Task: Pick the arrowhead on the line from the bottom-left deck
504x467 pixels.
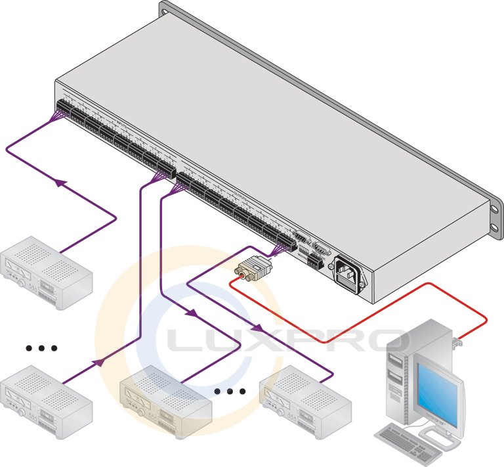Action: [x=98, y=361]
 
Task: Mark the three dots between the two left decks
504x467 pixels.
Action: [x=41, y=347]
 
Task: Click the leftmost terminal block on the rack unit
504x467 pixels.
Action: [x=66, y=108]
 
